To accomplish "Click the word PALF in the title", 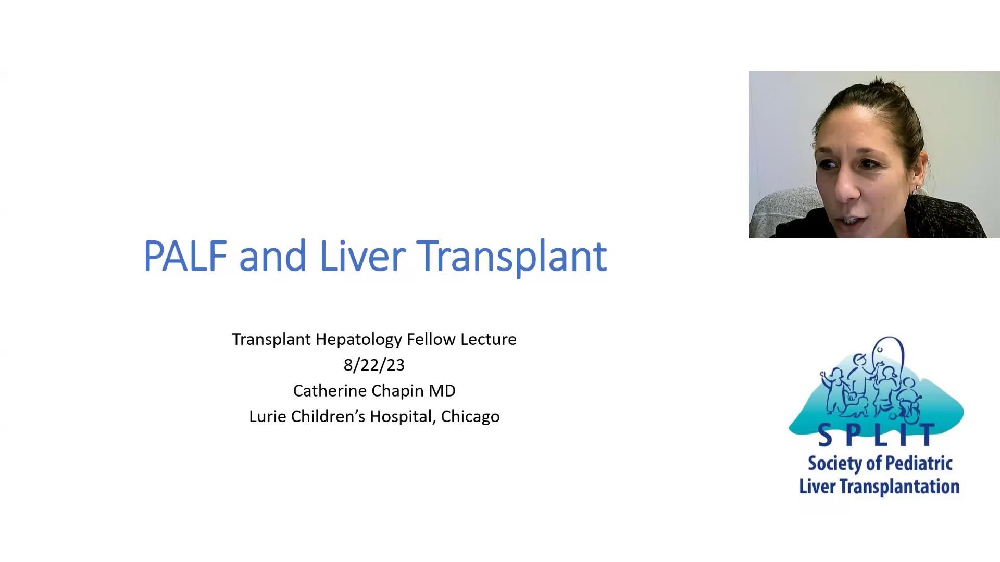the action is [x=185, y=256].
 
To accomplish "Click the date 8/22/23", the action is [x=374, y=365].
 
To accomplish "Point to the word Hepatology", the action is [x=359, y=340].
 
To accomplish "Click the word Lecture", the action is [x=489, y=339].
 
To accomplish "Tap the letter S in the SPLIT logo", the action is [x=825, y=436].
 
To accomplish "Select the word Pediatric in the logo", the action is [x=919, y=464].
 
